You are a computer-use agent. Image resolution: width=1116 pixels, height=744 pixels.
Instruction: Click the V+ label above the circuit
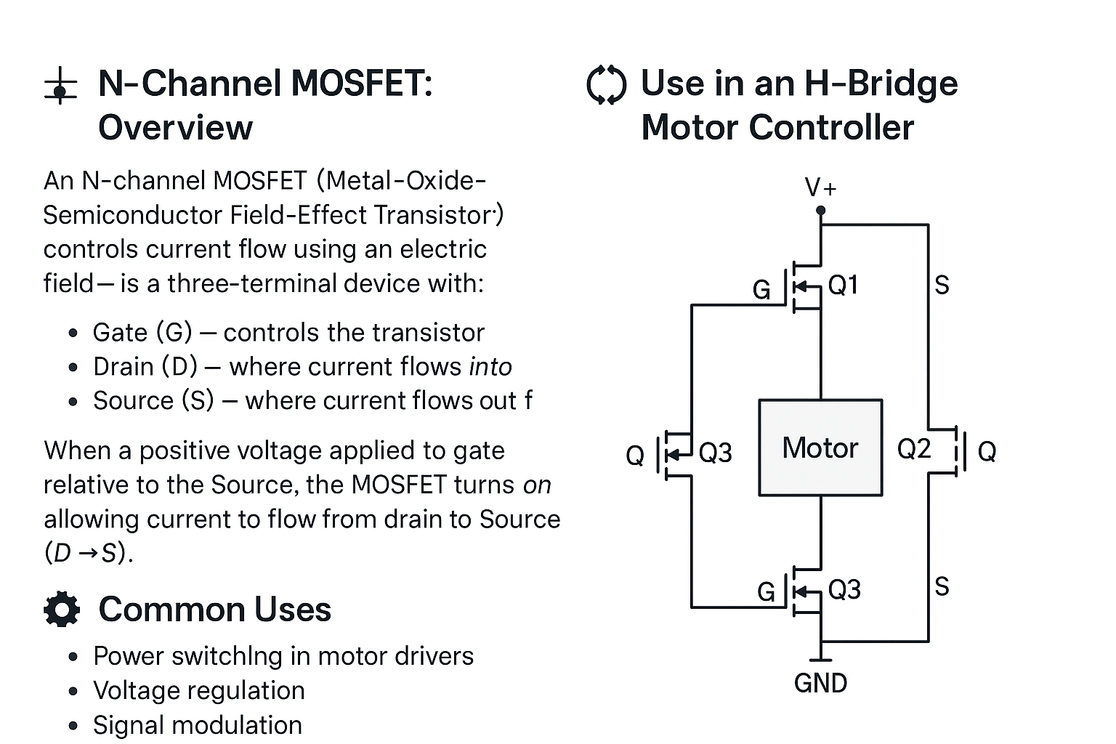(x=820, y=188)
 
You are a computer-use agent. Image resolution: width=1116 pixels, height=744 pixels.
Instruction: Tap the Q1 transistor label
(x=844, y=285)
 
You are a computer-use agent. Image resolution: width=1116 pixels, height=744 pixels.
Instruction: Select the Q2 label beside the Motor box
(x=913, y=449)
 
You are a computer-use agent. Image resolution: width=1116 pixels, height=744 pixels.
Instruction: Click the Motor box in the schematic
(x=820, y=448)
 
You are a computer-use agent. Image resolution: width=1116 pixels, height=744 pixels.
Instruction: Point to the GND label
(x=820, y=684)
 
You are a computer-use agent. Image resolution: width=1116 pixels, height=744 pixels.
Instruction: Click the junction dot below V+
(x=820, y=211)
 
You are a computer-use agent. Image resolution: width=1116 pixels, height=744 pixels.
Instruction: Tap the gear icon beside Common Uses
(x=62, y=610)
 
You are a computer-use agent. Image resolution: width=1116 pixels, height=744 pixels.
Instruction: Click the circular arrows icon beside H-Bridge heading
(x=606, y=85)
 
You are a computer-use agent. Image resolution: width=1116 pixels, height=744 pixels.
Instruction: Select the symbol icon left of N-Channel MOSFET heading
(x=60, y=86)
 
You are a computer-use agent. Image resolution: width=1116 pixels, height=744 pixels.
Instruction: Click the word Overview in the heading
(x=175, y=128)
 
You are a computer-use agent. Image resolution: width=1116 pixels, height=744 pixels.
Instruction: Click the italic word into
(x=490, y=367)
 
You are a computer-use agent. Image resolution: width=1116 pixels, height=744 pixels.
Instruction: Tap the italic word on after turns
(x=537, y=485)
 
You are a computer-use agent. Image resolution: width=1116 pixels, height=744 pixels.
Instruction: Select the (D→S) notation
(x=89, y=554)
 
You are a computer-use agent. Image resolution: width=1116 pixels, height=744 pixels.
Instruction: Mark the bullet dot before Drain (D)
(x=73, y=368)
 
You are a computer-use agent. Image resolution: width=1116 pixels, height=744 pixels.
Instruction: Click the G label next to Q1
(x=761, y=291)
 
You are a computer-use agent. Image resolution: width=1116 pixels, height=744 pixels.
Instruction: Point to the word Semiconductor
(x=132, y=215)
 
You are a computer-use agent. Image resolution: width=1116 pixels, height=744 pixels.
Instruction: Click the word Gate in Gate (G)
(x=120, y=333)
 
